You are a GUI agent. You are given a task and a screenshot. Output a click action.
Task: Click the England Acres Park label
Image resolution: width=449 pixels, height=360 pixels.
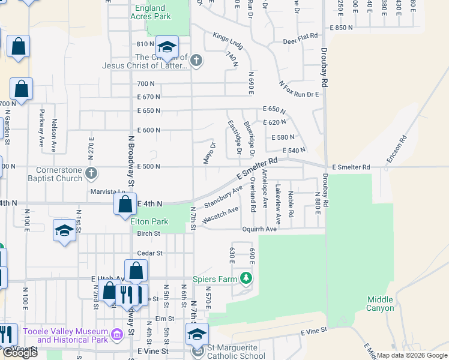pyautogui.click(x=150, y=12)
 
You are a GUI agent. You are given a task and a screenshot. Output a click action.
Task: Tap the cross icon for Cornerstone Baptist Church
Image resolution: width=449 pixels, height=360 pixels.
pyautogui.click(x=91, y=174)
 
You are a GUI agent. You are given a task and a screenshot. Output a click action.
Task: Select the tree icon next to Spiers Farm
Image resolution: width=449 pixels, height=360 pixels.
pyautogui.click(x=245, y=278)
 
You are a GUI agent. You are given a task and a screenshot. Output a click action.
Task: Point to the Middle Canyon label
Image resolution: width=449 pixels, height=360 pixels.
pyautogui.click(x=380, y=304)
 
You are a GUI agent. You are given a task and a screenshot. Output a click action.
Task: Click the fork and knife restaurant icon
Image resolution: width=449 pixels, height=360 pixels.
pyautogui.click(x=126, y=294)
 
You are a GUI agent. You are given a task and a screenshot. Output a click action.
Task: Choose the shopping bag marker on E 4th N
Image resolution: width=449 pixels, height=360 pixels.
pyautogui.click(x=125, y=205)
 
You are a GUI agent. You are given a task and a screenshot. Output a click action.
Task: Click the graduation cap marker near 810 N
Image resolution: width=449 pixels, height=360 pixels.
pyautogui.click(x=167, y=46)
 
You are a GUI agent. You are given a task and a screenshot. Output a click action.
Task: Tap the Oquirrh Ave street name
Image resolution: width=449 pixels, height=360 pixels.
pyautogui.click(x=259, y=229)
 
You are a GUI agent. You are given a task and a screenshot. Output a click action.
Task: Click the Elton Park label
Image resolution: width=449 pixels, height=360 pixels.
pyautogui.click(x=149, y=221)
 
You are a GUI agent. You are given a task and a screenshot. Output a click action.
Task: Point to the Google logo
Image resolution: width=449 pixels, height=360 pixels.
pyautogui.click(x=20, y=353)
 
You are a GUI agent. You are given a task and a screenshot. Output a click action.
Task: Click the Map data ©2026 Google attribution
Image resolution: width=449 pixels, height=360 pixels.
pyautogui.click(x=412, y=355)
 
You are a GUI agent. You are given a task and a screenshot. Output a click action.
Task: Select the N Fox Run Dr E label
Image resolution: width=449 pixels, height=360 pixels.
pyautogui.click(x=298, y=90)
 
